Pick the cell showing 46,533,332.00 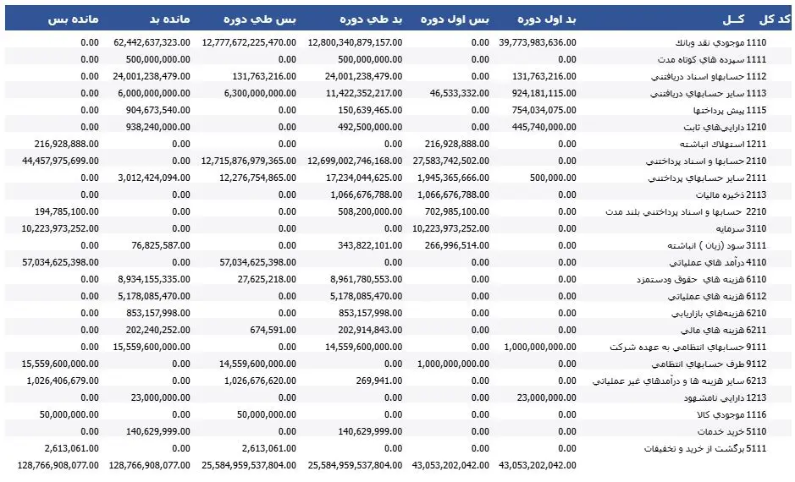tap(458, 92)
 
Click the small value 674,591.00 tap(272, 330)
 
